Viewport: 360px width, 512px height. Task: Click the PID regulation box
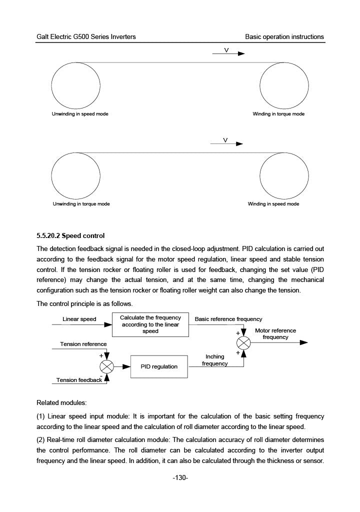click(x=158, y=366)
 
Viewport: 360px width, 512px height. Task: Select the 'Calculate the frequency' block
click(x=150, y=324)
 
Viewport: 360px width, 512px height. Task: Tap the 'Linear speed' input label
click(x=79, y=319)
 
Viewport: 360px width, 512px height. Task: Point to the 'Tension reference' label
click(x=83, y=344)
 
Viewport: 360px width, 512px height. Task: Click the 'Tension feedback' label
click(x=79, y=380)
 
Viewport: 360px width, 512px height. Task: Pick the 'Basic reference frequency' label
click(x=228, y=319)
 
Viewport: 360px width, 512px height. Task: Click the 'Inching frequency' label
click(x=215, y=360)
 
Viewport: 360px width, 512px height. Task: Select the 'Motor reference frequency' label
click(x=275, y=333)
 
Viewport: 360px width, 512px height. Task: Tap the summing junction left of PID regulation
click(x=107, y=366)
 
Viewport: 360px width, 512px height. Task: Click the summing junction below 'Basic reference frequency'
click(x=243, y=342)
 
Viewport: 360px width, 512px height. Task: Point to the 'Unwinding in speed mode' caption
click(x=80, y=114)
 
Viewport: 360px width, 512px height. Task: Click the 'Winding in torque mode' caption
click(x=278, y=114)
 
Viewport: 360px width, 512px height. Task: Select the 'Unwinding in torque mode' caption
click(x=81, y=204)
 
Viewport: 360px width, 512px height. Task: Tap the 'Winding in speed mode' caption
click(x=273, y=204)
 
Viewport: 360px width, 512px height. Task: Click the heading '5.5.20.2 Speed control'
click(x=70, y=235)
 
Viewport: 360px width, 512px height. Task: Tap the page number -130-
click(x=180, y=478)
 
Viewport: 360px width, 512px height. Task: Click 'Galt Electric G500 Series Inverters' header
click(x=86, y=37)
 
